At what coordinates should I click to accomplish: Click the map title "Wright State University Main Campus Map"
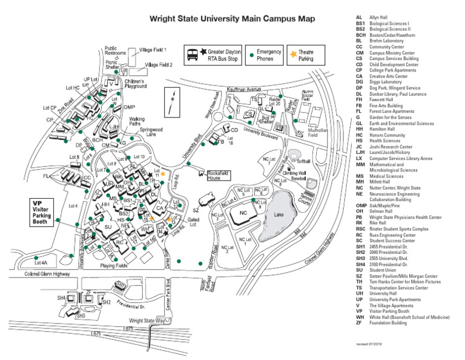[x=232, y=19]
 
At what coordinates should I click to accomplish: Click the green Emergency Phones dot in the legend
[x=251, y=55]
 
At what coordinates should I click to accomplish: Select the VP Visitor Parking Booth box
[x=45, y=212]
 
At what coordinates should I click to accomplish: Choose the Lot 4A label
[x=41, y=263]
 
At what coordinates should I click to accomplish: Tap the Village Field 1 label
[x=153, y=50]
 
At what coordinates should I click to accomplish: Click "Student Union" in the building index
[x=383, y=270]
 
